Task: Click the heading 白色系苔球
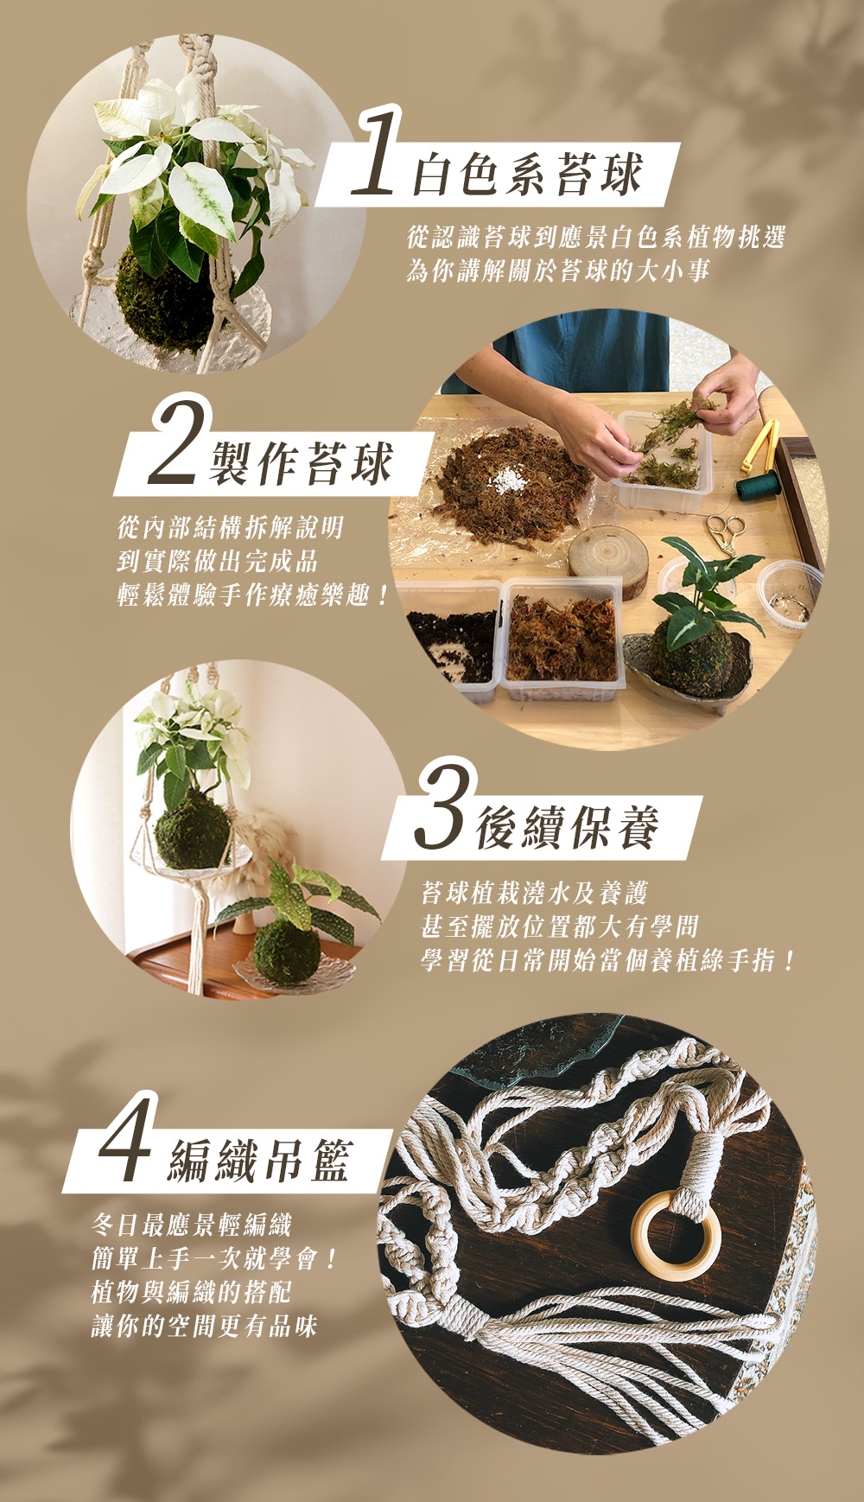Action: (528, 174)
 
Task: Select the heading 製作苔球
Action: (302, 462)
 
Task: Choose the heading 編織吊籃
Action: (260, 1160)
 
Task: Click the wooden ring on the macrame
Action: (676, 1236)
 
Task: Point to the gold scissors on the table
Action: (724, 534)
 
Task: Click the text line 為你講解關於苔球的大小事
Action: (558, 270)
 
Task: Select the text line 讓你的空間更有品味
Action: (205, 1326)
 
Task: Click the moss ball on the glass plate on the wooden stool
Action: (287, 952)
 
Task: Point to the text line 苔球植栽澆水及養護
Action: (534, 893)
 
